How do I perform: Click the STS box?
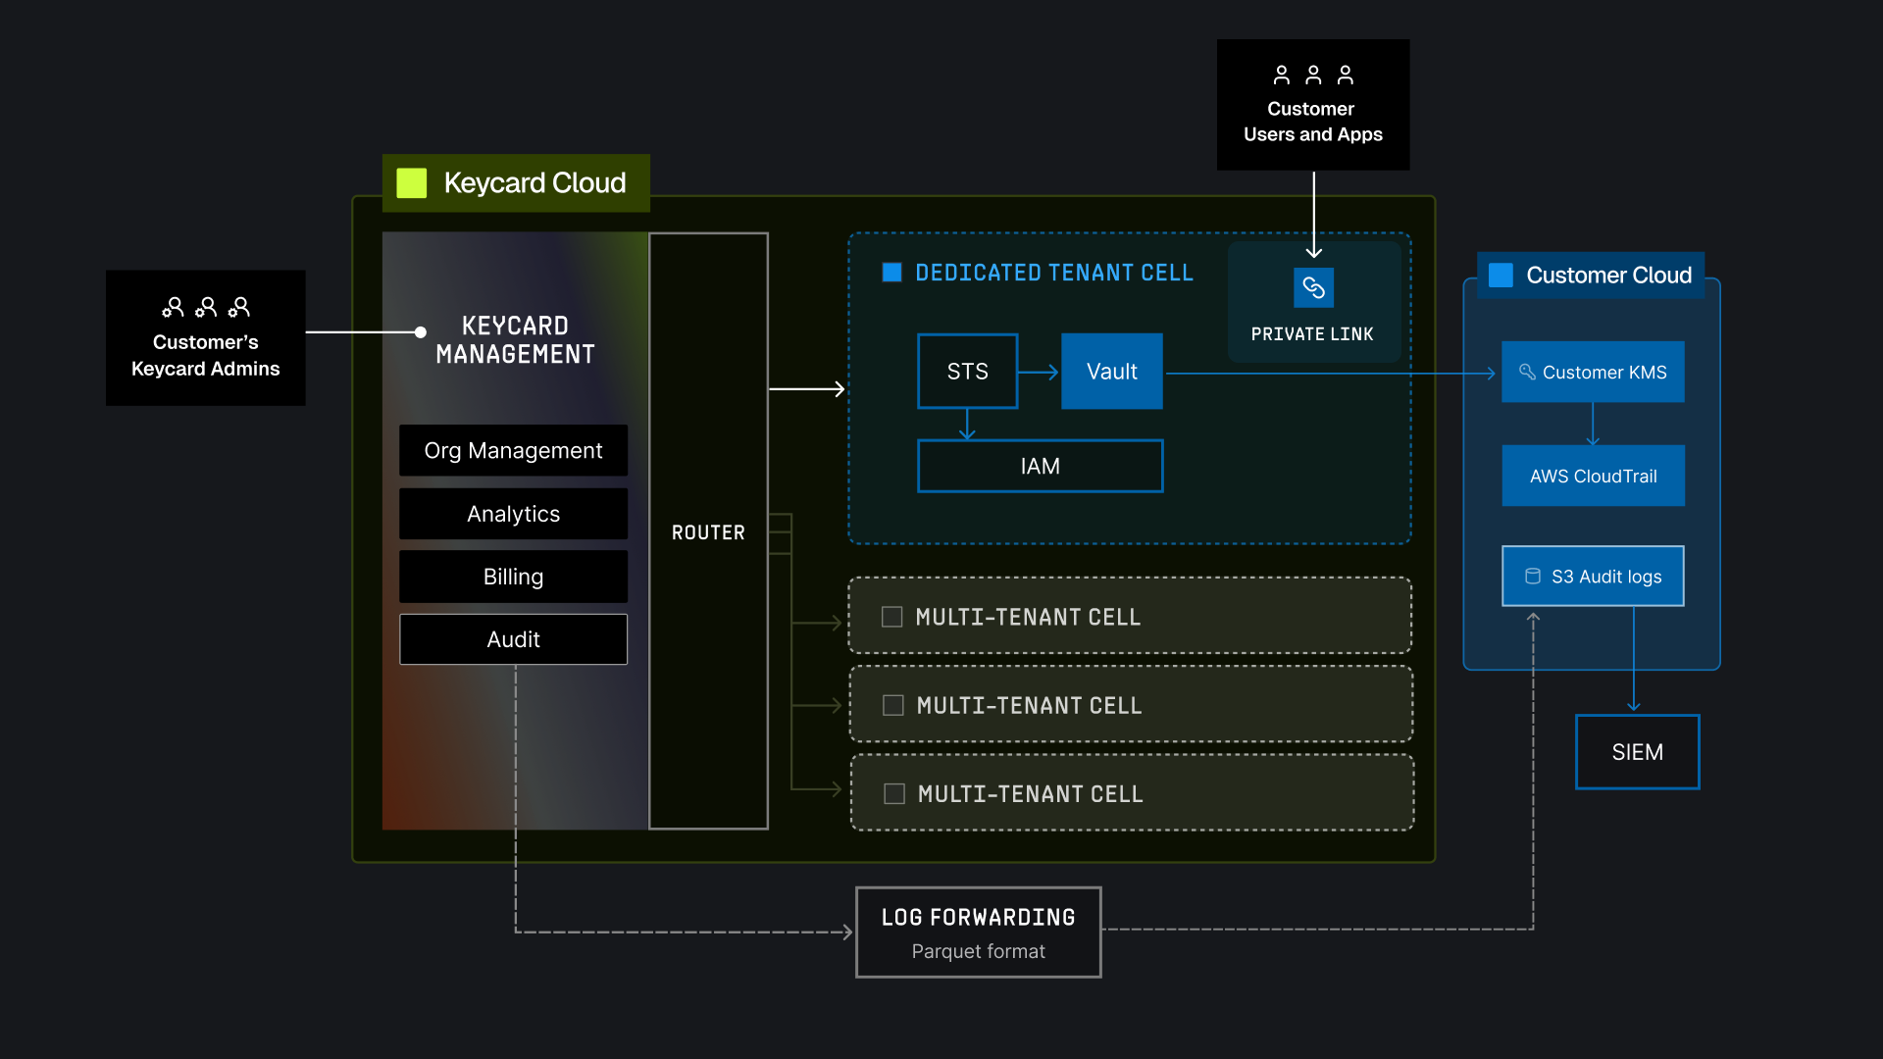pos(967,372)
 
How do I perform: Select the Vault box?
pos(1111,372)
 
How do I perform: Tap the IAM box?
pos(1040,466)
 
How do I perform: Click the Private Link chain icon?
pos(1313,287)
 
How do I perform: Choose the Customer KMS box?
pos(1593,372)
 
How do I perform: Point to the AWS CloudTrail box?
pos(1593,476)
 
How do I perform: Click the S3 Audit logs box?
pos(1593,577)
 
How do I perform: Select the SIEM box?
pos(1637,752)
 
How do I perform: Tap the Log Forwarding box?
pos(978,933)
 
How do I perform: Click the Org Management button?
pos(513,450)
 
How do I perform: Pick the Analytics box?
pos(513,514)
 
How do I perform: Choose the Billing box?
pos(513,577)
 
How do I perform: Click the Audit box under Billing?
pos(513,639)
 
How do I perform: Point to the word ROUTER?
pos(708,532)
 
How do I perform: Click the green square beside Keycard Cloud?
pos(411,183)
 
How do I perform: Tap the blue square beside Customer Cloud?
pos(1501,275)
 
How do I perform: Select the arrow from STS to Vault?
pos(1039,372)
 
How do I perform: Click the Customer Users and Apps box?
pos(1312,105)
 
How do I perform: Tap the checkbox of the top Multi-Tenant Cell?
pos(891,617)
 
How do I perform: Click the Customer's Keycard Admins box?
pos(205,338)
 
